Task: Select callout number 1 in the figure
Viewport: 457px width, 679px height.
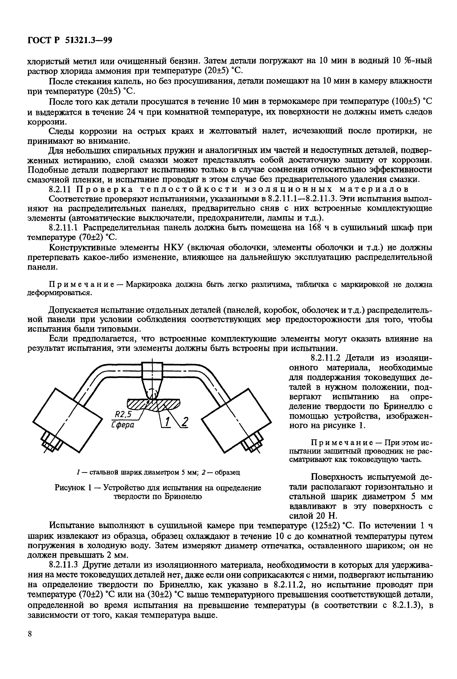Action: (167, 422)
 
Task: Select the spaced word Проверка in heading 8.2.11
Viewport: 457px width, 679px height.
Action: (105, 189)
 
